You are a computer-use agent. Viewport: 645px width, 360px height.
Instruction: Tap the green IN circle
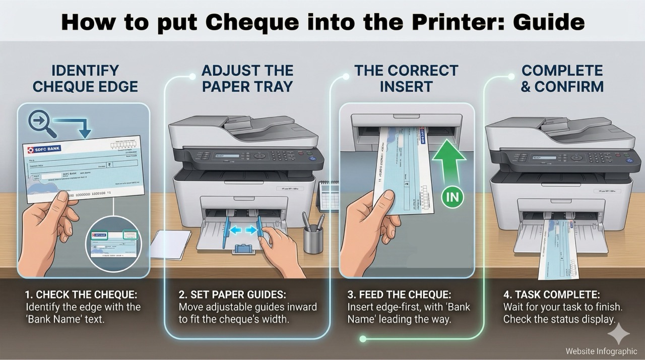[453, 197]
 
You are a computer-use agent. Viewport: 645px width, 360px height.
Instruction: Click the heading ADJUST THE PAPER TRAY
[247, 78]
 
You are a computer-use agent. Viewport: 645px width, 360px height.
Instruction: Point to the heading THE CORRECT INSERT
[406, 78]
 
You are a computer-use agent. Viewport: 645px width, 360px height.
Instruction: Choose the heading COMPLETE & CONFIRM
[562, 78]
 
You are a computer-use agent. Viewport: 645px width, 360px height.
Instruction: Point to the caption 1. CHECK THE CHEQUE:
[80, 294]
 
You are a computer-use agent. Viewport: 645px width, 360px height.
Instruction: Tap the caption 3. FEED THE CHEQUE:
[400, 294]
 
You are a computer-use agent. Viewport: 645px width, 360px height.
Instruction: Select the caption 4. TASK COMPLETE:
[551, 294]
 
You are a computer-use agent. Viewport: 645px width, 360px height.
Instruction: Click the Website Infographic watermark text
[601, 351]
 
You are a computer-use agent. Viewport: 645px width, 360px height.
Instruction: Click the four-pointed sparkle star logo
[618, 333]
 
